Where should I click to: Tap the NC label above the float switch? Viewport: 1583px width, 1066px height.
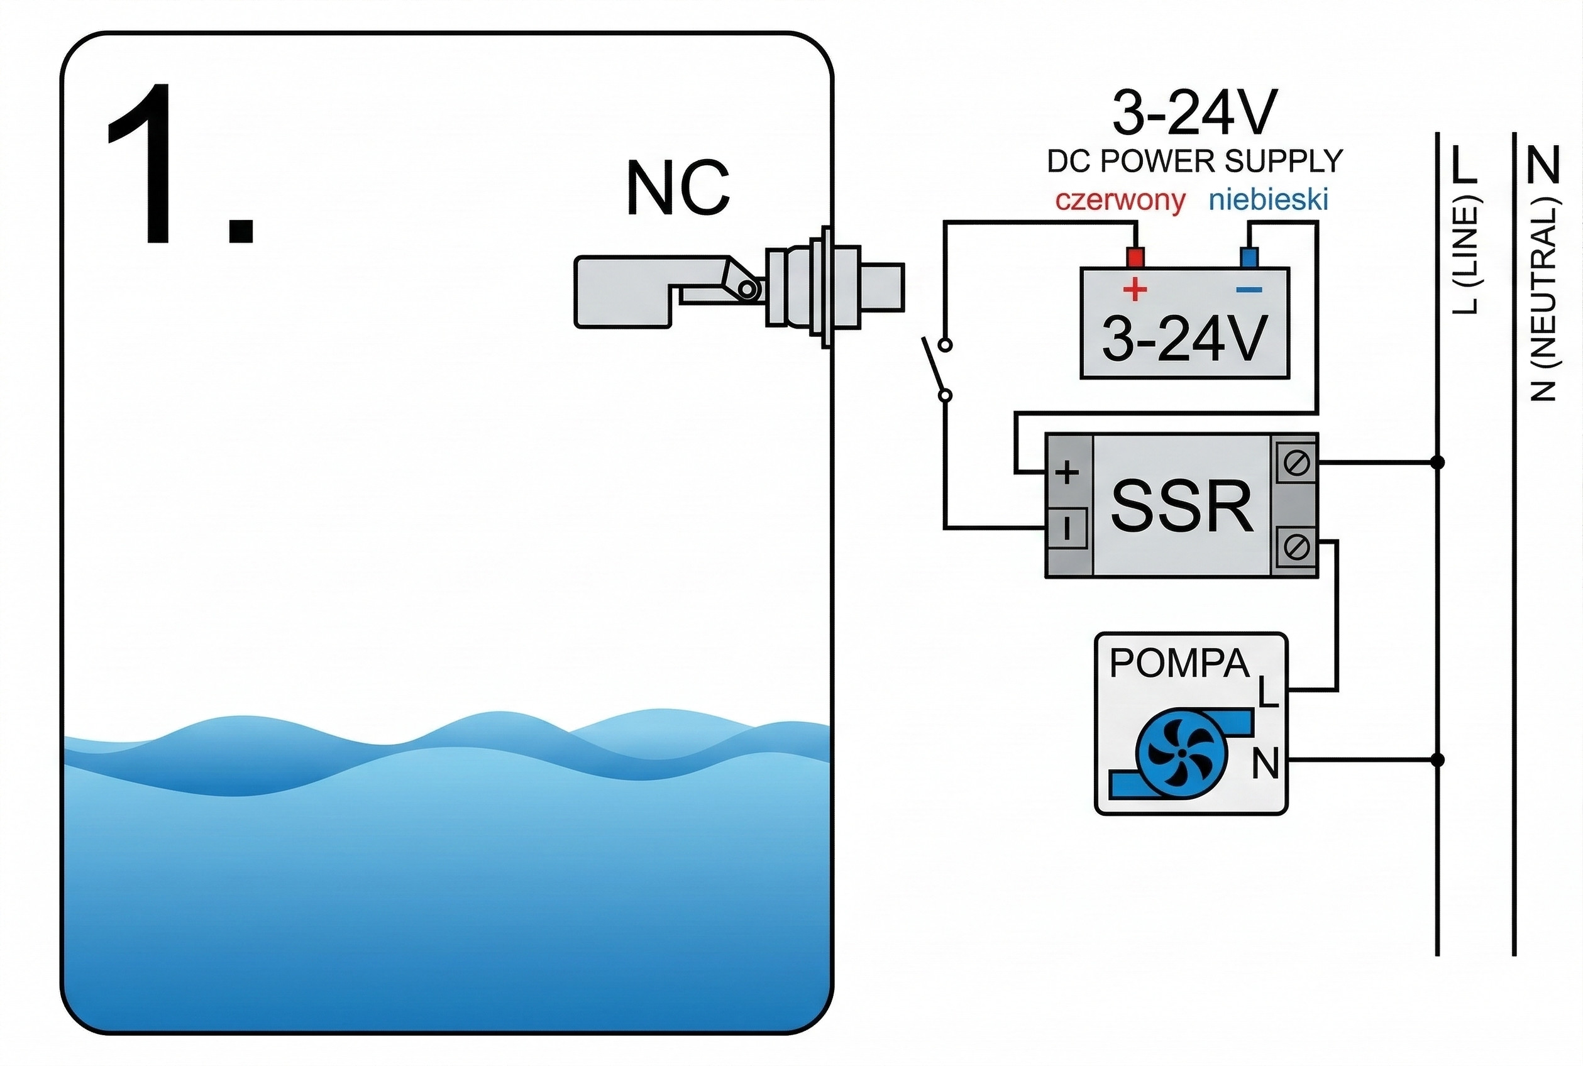[677, 189]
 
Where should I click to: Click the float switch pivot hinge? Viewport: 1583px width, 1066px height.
[747, 290]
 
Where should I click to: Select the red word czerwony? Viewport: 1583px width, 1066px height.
[1120, 201]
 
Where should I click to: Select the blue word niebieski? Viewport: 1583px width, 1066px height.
[1268, 201]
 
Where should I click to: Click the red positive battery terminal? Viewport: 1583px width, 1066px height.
[1135, 258]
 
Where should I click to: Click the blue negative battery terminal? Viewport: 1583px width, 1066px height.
[1249, 258]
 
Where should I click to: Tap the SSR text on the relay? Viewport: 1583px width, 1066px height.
[1182, 507]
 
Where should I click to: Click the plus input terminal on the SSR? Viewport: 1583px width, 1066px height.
[1067, 472]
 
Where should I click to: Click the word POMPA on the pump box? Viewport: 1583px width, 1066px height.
[1179, 664]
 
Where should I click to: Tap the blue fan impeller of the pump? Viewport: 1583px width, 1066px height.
[1182, 752]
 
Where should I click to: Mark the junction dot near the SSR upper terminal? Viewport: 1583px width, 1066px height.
[1438, 463]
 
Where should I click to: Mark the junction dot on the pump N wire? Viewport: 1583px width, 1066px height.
[1438, 759]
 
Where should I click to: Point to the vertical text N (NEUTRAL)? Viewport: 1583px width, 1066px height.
[1543, 299]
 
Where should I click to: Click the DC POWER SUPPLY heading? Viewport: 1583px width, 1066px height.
[1194, 161]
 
